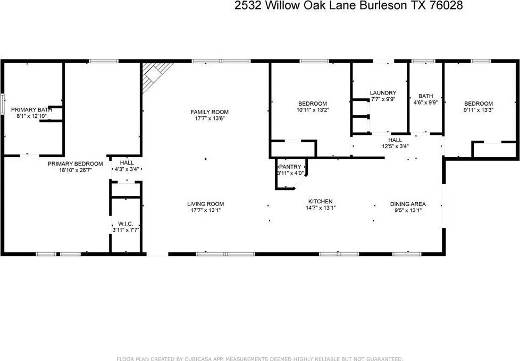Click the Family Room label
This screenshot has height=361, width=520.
(209, 112)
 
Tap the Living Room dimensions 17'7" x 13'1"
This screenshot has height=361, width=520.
(206, 210)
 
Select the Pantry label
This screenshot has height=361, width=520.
(290, 167)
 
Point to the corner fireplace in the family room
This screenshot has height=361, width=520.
(156, 76)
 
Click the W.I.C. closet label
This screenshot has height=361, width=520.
(125, 224)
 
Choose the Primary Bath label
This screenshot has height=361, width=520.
(31, 109)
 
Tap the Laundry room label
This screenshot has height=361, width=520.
(383, 93)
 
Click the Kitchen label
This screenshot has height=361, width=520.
(321, 201)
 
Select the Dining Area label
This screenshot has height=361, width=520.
(408, 204)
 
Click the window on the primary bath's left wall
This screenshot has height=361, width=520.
(3, 105)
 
